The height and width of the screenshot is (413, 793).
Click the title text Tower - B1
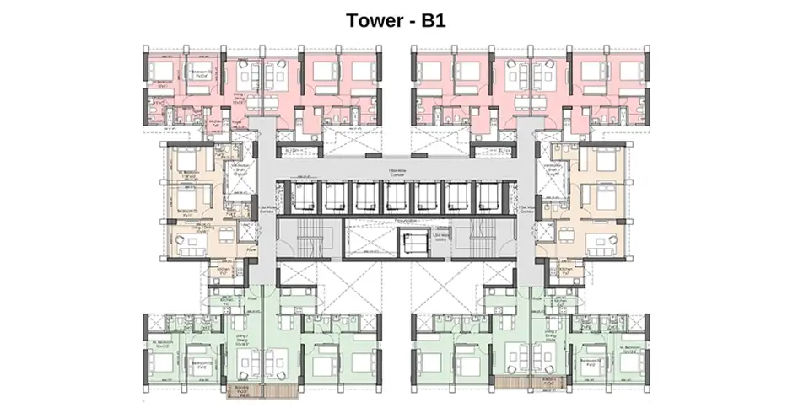click(x=396, y=19)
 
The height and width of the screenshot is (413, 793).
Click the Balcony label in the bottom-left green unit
click(x=243, y=392)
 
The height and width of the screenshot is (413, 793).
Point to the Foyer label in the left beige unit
click(x=251, y=249)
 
